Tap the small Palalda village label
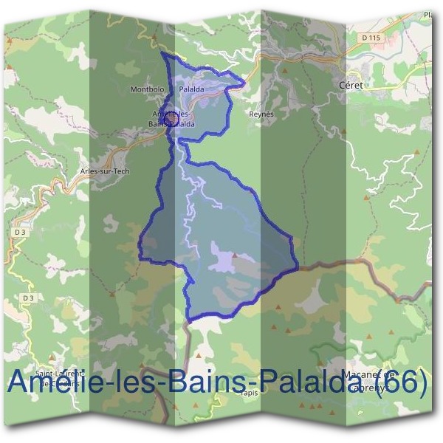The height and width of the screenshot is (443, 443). [191, 89]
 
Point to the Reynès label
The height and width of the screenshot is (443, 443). [261, 114]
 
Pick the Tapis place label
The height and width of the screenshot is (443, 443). [248, 393]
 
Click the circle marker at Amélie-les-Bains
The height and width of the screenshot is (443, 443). [169, 118]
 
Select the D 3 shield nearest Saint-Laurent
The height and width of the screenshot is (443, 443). [27, 298]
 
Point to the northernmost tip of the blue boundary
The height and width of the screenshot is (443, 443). [162, 53]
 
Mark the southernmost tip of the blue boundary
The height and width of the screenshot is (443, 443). [191, 320]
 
